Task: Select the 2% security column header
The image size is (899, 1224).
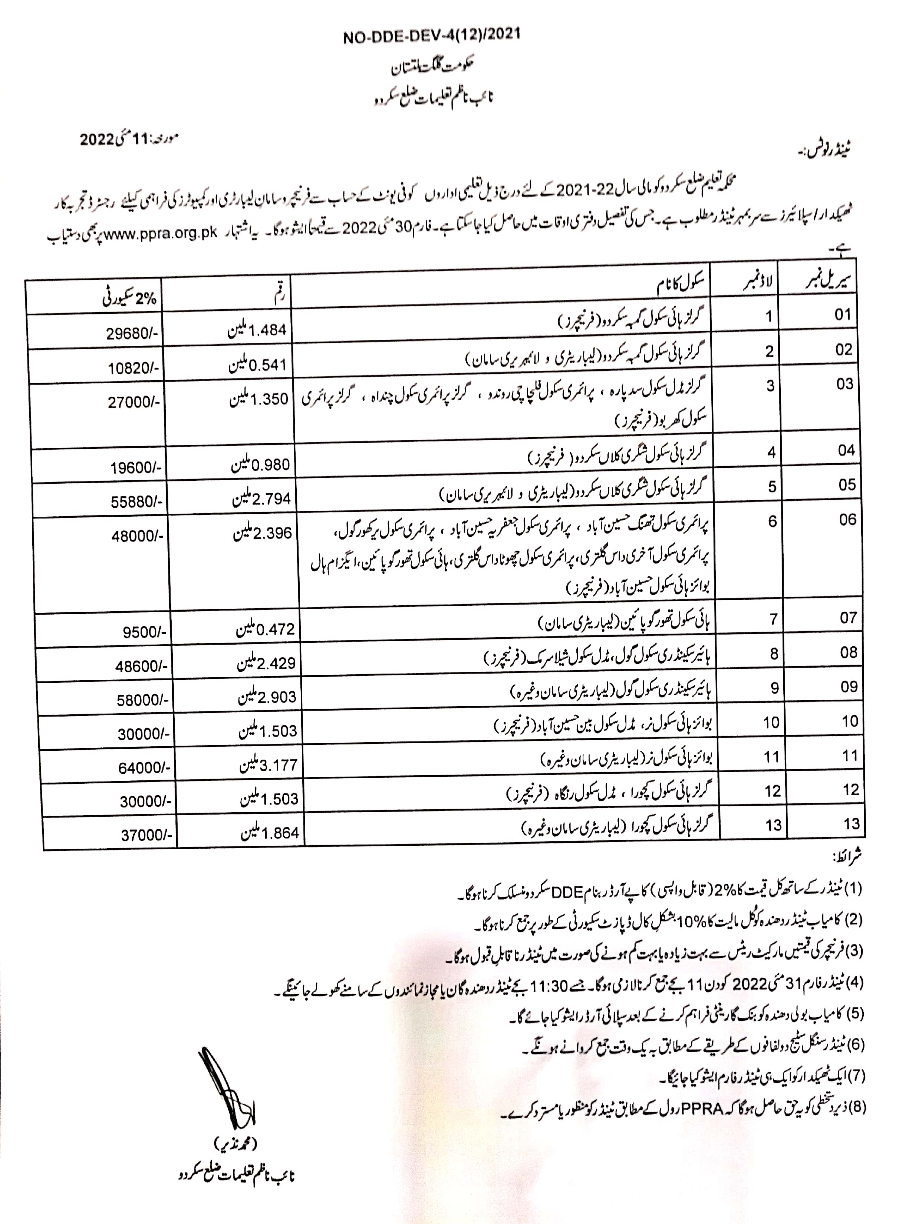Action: click(129, 298)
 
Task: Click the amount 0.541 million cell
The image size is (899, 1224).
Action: click(257, 365)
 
